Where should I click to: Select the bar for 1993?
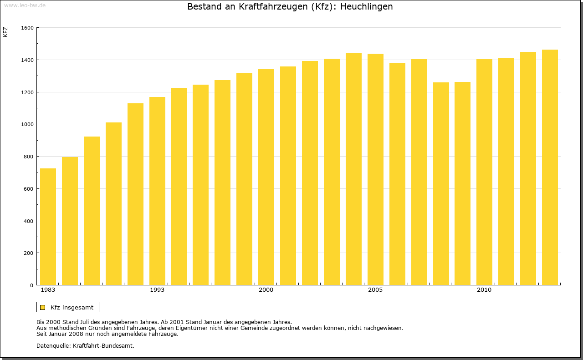coord(157,191)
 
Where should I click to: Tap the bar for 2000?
coord(266,177)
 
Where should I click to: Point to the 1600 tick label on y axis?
coord(27,28)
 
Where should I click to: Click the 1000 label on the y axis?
coord(27,124)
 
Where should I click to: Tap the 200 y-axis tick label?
coord(29,253)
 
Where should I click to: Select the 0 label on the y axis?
coord(32,285)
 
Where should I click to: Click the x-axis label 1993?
coord(157,290)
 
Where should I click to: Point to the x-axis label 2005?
coord(375,290)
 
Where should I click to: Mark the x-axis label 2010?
coord(484,290)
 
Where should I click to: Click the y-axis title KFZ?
coord(5,32)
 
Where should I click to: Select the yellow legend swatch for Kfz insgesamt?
coord(42,307)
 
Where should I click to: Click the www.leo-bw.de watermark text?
coord(25,5)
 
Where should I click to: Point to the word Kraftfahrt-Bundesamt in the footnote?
coord(103,345)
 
